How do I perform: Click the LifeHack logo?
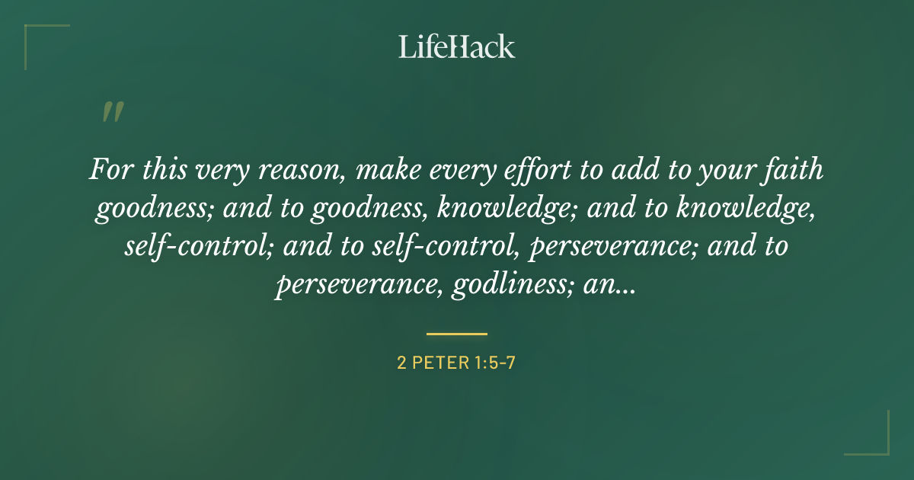click(x=457, y=47)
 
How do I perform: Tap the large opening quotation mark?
click(x=112, y=113)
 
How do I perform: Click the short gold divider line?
click(x=457, y=334)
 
